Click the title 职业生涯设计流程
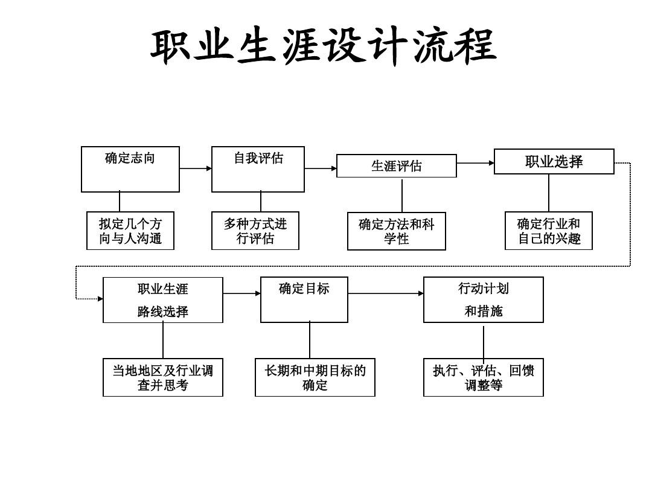pos(323,47)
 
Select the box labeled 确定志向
pos(130,169)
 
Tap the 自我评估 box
pos(258,169)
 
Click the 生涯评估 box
pos(396,166)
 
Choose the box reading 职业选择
pos(554,162)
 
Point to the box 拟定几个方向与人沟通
pos(130,231)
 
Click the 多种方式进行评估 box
pos(255,231)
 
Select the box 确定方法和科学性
pos(396,231)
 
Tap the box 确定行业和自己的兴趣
pos(548,231)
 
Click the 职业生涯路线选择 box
pos(162,300)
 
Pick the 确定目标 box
pos(304,300)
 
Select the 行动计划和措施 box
pos(483,300)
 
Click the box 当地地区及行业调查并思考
pos(162,378)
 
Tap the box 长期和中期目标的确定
pos(315,378)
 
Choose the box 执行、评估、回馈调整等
pos(483,378)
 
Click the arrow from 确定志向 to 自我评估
pos(196,169)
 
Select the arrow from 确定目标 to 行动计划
pos(386,293)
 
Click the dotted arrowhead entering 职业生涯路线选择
pos(100,299)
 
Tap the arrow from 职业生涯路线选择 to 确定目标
pos(241,293)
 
